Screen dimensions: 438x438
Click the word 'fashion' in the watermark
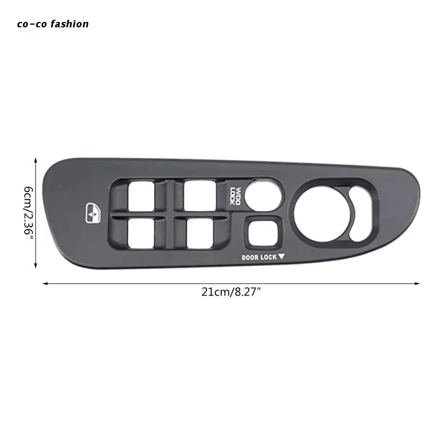click(70, 24)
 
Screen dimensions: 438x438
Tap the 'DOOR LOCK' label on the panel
click(259, 257)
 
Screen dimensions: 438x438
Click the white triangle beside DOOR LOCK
click(281, 256)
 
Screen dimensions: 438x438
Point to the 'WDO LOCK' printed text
click(235, 196)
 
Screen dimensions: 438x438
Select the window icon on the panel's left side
click(93, 213)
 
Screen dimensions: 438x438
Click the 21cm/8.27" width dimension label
click(231, 292)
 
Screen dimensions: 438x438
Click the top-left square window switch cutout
click(141, 196)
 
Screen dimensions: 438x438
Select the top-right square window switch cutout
click(200, 196)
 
